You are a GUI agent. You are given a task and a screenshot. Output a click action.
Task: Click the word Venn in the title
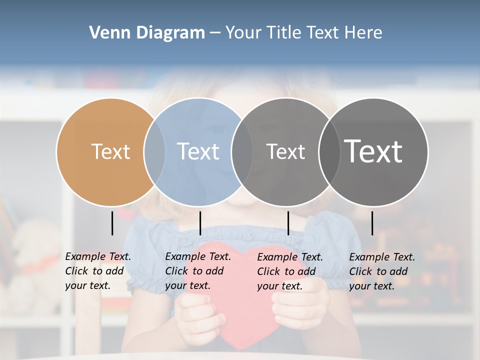click(x=108, y=33)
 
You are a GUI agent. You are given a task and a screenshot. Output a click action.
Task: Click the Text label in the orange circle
click(x=110, y=151)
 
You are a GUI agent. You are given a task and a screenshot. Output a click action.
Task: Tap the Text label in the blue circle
click(x=198, y=151)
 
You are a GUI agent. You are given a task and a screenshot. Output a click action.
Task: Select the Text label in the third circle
click(x=285, y=151)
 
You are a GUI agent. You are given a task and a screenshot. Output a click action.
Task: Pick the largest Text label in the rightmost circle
click(x=373, y=151)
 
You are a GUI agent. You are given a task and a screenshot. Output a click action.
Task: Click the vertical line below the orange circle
click(x=112, y=223)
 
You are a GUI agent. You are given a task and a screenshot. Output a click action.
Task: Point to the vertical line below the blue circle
click(x=200, y=223)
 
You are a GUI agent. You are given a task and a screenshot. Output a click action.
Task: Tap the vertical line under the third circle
click(x=288, y=223)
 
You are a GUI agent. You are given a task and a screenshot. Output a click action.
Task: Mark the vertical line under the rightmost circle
click(x=372, y=223)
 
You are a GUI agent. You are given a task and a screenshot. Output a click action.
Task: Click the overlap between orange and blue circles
click(x=154, y=151)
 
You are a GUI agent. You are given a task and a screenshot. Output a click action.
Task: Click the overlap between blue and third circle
click(x=242, y=151)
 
